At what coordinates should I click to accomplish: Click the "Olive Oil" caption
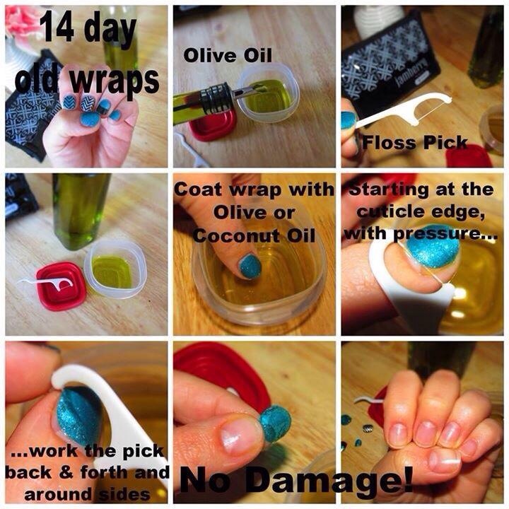coord(227,55)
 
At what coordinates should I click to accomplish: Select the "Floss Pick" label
coord(414,143)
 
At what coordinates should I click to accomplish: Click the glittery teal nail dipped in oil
coord(250,267)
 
